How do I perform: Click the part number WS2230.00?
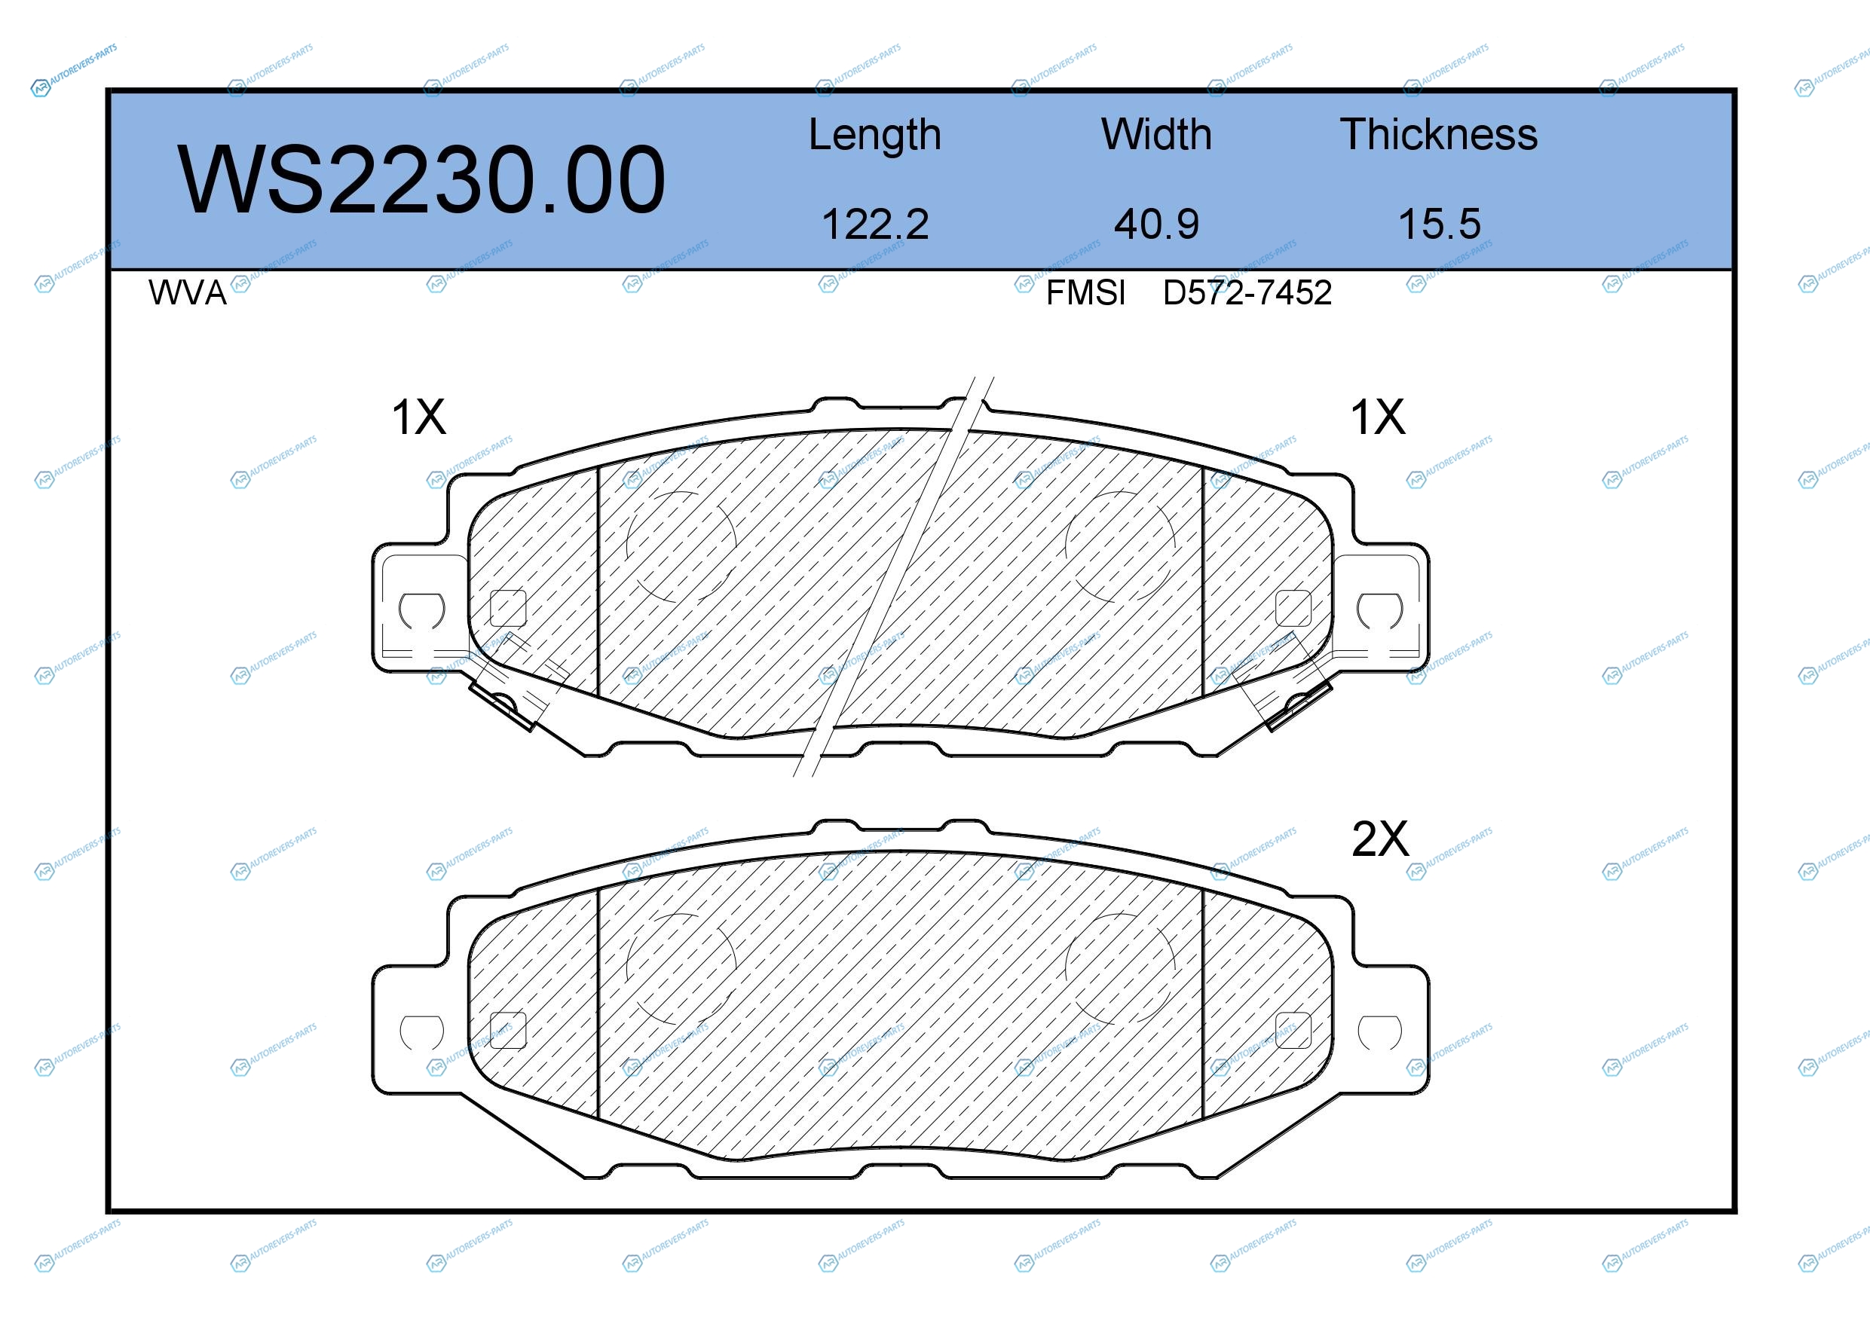[x=421, y=180]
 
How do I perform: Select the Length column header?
[x=875, y=135]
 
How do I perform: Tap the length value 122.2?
[x=875, y=224]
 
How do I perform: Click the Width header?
[x=1155, y=134]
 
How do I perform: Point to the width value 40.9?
[x=1156, y=224]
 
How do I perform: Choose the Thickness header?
[x=1438, y=134]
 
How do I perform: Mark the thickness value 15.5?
[x=1439, y=224]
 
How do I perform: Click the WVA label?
[x=188, y=293]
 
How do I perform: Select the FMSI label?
[x=1085, y=293]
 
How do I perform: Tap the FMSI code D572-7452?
[x=1247, y=293]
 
